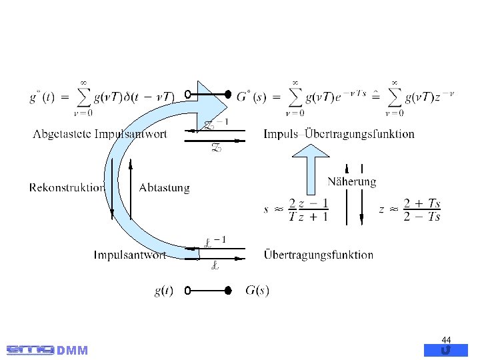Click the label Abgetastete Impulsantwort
[x=100, y=134]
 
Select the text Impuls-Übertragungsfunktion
[x=339, y=134]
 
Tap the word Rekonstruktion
[x=67, y=187]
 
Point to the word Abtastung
[x=164, y=188]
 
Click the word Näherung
[x=351, y=181]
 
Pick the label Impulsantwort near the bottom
[x=129, y=255]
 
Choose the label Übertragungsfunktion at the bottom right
[x=319, y=255]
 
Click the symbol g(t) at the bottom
[x=164, y=291]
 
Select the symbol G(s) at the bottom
[x=257, y=291]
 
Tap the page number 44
[x=446, y=340]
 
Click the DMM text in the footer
[x=73, y=351]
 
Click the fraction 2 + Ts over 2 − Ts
[x=422, y=210]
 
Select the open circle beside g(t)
[x=188, y=291]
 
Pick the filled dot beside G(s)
[x=227, y=291]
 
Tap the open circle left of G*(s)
[x=188, y=93]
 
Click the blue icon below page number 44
[x=446, y=350]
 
